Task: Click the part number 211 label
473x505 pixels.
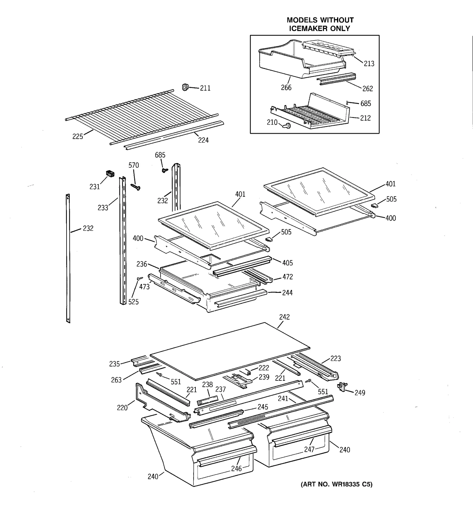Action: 205,88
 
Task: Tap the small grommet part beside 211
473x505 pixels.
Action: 185,87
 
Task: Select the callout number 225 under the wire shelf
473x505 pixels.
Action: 77,136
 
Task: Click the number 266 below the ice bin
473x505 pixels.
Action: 286,88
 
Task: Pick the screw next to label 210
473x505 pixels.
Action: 287,126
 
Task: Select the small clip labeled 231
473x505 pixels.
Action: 110,174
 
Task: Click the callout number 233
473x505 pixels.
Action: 103,208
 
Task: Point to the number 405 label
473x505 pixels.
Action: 287,263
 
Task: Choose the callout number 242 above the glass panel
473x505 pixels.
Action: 284,317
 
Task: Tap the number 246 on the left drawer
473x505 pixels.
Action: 236,468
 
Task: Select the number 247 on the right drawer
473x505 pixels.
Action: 309,450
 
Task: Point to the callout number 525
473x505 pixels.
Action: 133,302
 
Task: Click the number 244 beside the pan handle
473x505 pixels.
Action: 287,293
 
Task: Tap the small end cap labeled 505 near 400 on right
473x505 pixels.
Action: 375,205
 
